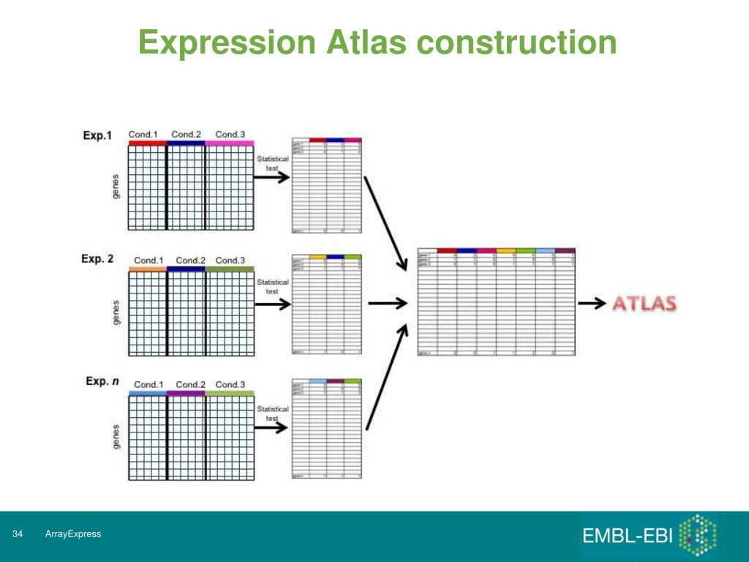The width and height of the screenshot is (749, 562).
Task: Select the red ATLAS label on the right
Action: point(644,304)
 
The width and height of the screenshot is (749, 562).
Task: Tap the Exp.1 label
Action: point(98,135)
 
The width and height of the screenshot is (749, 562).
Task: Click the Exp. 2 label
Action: point(98,259)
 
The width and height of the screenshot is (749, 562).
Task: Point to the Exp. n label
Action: point(101,381)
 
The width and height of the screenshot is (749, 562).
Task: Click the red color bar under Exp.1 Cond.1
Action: point(147,143)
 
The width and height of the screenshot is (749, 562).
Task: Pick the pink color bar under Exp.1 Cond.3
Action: point(230,143)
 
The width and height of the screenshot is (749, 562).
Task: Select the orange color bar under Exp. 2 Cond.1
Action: point(147,269)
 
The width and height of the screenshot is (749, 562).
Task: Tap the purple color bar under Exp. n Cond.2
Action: point(187,394)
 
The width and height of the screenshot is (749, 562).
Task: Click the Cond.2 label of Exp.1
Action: point(187,134)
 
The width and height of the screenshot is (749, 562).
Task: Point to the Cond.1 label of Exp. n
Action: point(148,384)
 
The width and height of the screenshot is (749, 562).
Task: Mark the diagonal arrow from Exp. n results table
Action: point(386,377)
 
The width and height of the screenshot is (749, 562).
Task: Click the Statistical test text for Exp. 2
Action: point(272,286)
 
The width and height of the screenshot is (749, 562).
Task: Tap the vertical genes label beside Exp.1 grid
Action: point(115,187)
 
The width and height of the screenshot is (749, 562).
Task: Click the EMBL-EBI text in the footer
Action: point(627,536)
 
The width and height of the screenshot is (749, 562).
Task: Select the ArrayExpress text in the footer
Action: point(72,534)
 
